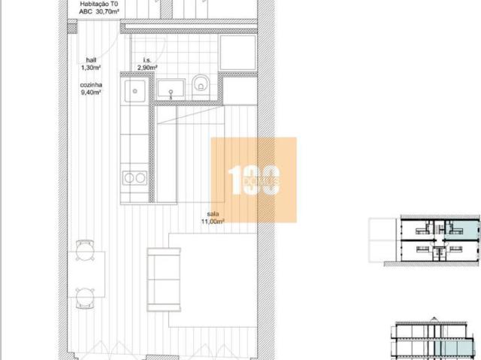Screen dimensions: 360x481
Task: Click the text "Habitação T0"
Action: point(102,5)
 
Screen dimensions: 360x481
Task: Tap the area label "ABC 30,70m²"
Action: point(102,13)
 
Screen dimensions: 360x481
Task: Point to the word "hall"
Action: point(90,60)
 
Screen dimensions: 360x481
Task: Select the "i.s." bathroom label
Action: point(147,60)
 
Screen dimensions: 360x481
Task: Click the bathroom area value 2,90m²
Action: point(147,68)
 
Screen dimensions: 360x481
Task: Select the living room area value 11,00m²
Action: point(213,222)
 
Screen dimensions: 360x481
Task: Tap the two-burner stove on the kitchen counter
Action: point(135,178)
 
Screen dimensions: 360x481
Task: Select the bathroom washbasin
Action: point(172,90)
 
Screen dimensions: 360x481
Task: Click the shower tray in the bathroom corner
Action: point(237,50)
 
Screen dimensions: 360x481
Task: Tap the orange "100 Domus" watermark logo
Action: point(254,180)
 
